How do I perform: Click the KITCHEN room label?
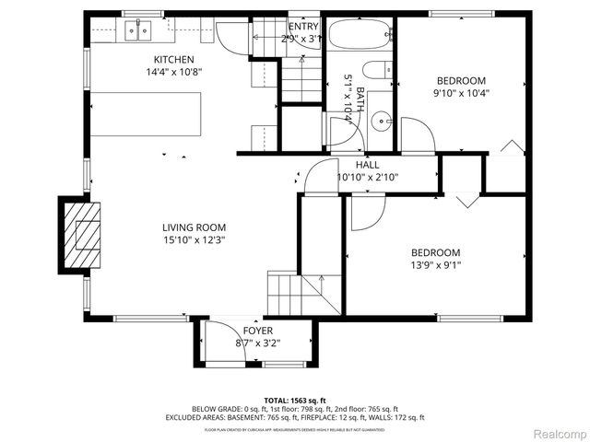[x=173, y=60]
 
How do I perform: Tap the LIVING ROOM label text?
[x=194, y=227]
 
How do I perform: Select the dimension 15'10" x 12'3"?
[x=194, y=240]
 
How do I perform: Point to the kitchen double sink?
[x=138, y=30]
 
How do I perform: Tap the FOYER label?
[x=257, y=331]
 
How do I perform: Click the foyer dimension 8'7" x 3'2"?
[x=257, y=343]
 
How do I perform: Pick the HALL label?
[x=355, y=165]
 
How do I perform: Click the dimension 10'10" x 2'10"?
[x=355, y=178]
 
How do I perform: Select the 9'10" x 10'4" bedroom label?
[x=461, y=81]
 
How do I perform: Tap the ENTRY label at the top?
[x=304, y=26]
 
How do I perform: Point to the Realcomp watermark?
[x=556, y=433]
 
